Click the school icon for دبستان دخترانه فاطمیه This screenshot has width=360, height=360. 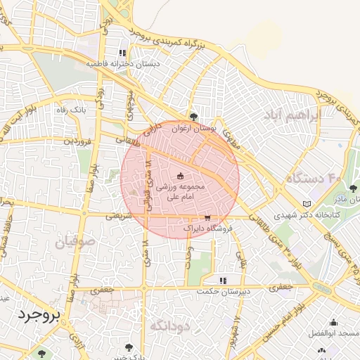[122, 53]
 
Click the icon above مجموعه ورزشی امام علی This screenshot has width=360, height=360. [180, 176]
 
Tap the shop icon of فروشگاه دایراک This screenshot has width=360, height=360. [207, 218]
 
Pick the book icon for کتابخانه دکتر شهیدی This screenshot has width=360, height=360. [306, 204]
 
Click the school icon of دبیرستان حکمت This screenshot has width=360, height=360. [223, 280]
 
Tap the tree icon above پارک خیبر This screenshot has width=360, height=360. [129, 347]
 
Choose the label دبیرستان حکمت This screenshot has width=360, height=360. [223, 290]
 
